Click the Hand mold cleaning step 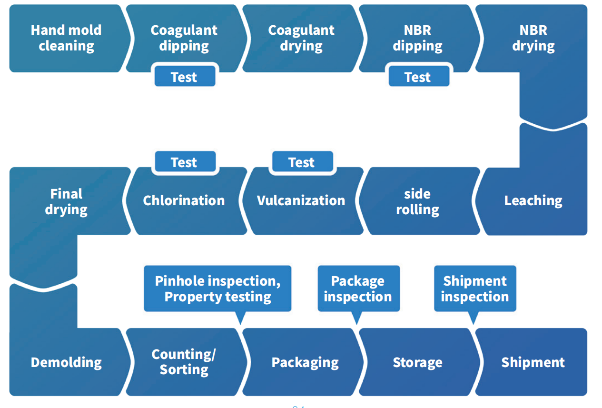(66, 38)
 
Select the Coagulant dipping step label (184, 38)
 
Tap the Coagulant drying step (301, 38)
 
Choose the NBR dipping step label (417, 38)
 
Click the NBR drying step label (533, 38)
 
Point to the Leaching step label (533, 200)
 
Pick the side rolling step (417, 201)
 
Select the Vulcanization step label (301, 200)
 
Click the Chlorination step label (184, 200)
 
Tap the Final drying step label (66, 201)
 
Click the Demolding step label (66, 362)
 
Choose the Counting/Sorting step (184, 362)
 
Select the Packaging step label (305, 362)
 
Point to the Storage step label (417, 362)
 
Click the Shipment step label (533, 362)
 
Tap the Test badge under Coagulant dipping (184, 77)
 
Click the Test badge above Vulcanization (302, 162)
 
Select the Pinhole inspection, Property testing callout (217, 289)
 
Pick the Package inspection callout (358, 289)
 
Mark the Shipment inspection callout (475, 289)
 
